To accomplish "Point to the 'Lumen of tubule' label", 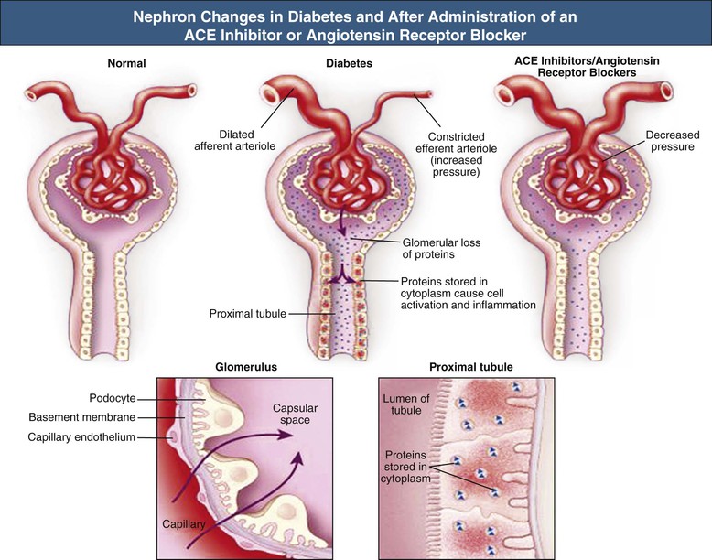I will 405,404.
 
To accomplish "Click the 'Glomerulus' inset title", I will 246,367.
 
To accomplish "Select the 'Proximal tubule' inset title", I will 470,367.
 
